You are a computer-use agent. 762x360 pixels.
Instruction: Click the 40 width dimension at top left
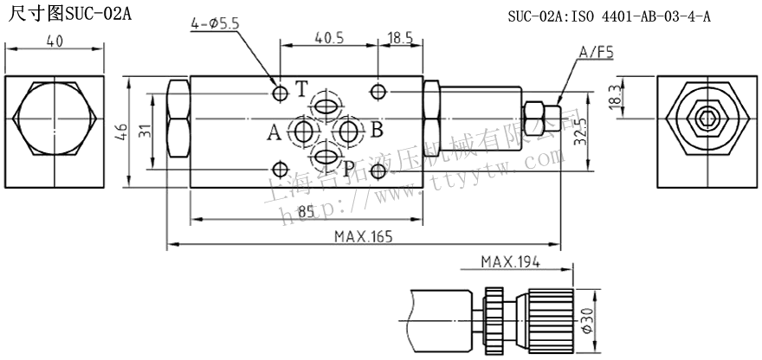coord(55,40)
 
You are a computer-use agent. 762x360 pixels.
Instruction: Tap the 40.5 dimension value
coord(329,38)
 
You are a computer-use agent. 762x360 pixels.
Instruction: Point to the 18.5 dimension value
coord(400,38)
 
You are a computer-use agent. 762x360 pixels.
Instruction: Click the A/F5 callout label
coord(596,53)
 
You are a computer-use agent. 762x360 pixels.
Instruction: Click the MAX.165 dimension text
coord(364,237)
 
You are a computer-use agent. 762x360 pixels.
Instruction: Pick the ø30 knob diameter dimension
coord(586,320)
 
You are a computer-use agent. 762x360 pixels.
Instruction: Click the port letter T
coord(300,88)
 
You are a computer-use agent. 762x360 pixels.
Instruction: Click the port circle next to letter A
coord(303,132)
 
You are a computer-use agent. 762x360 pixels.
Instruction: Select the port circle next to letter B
coord(350,132)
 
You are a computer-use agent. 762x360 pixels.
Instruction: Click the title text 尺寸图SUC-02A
coord(66,15)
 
